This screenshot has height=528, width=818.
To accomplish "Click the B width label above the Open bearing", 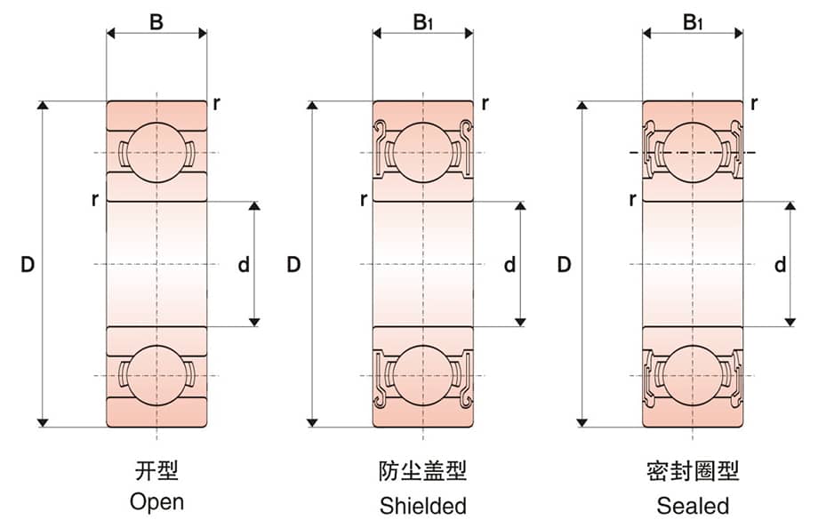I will pos(156,20).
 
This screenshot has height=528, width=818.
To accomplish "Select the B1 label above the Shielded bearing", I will pos(422,21).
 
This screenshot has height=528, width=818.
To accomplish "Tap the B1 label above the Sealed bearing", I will pos(693,21).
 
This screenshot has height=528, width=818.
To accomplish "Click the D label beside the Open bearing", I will pos(27,264).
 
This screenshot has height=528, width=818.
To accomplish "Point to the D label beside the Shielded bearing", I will pos(294,264).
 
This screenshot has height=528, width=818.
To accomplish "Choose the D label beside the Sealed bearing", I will pos(564,264).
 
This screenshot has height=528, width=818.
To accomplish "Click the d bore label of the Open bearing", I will pos(243,264).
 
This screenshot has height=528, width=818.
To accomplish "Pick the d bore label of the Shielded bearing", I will pos(509,264).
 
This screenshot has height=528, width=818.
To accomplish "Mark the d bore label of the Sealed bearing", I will pos(780,264).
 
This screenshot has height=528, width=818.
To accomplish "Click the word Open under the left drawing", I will pos(156,501).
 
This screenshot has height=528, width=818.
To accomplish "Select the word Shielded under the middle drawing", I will pos(422,507).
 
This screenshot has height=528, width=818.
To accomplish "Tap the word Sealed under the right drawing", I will pos(693,507).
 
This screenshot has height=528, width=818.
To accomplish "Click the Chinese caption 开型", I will pos(156,470).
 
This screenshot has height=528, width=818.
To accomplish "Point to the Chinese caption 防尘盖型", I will pos(422,471).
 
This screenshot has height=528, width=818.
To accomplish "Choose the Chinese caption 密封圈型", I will pos(693,471).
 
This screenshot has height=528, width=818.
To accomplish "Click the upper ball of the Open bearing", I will pos(156,152).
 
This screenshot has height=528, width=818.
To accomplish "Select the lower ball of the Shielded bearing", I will pos(422,376).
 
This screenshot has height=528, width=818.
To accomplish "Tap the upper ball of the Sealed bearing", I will pos(693,152).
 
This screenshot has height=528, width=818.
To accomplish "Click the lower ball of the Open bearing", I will pos(156,376).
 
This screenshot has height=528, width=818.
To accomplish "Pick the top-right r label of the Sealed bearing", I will pos(754,102).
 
